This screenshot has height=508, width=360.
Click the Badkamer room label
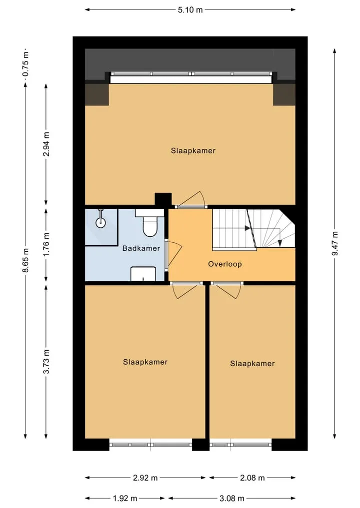tap(141, 248)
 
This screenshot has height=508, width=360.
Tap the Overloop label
tap(225, 264)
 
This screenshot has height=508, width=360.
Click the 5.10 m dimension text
tap(190, 9)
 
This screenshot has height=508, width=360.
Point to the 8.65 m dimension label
tap(26, 260)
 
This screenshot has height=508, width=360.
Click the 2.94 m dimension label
tap(46, 144)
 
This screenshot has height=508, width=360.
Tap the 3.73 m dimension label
tap(46, 362)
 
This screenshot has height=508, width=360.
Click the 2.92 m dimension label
tap(145, 478)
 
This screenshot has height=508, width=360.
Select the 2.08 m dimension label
tap(252, 478)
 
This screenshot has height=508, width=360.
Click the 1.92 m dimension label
tap(125, 498)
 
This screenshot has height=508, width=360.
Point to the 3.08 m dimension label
tap(232, 498)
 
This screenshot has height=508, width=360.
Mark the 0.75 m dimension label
tap(26, 64)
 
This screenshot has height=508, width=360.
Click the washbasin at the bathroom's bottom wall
tap(143, 274)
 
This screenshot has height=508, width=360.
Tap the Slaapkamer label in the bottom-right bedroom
tap(252, 364)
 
